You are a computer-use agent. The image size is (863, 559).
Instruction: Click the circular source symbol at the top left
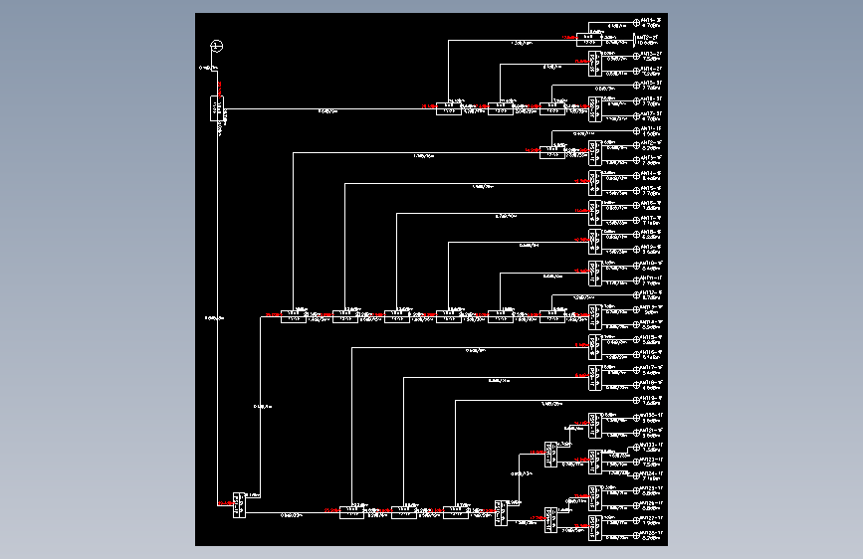pos(218,46)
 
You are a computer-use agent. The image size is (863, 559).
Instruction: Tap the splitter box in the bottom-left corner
pos(239,505)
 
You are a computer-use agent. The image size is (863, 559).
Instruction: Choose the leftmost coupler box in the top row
pos(450,108)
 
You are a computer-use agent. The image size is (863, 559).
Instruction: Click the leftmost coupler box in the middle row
pos(293,316)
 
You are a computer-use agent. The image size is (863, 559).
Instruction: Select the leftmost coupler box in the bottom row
pos(351,512)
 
